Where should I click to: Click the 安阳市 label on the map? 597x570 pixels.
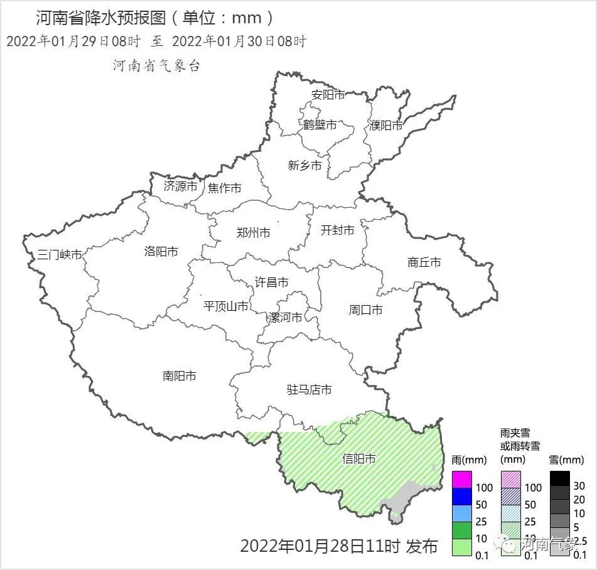[328, 95]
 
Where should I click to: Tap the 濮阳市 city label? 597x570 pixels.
[386, 126]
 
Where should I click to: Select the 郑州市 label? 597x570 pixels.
[254, 233]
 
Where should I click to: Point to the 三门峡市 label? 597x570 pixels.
[60, 255]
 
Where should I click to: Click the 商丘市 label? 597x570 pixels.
[424, 262]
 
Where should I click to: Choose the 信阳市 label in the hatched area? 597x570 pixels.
[359, 459]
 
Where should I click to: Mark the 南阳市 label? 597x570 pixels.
[180, 376]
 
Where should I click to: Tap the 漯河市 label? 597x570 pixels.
[286, 317]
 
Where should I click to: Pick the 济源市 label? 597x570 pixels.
[181, 186]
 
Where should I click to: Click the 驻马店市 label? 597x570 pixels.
[309, 390]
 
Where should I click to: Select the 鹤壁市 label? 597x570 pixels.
[320, 125]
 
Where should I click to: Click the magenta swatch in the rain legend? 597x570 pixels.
[461, 480]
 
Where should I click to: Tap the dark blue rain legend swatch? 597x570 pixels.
[461, 497]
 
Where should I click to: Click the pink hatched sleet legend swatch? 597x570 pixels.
[511, 480]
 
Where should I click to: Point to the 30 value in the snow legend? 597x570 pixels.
[579, 486]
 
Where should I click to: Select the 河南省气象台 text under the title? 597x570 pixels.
[157, 66]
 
